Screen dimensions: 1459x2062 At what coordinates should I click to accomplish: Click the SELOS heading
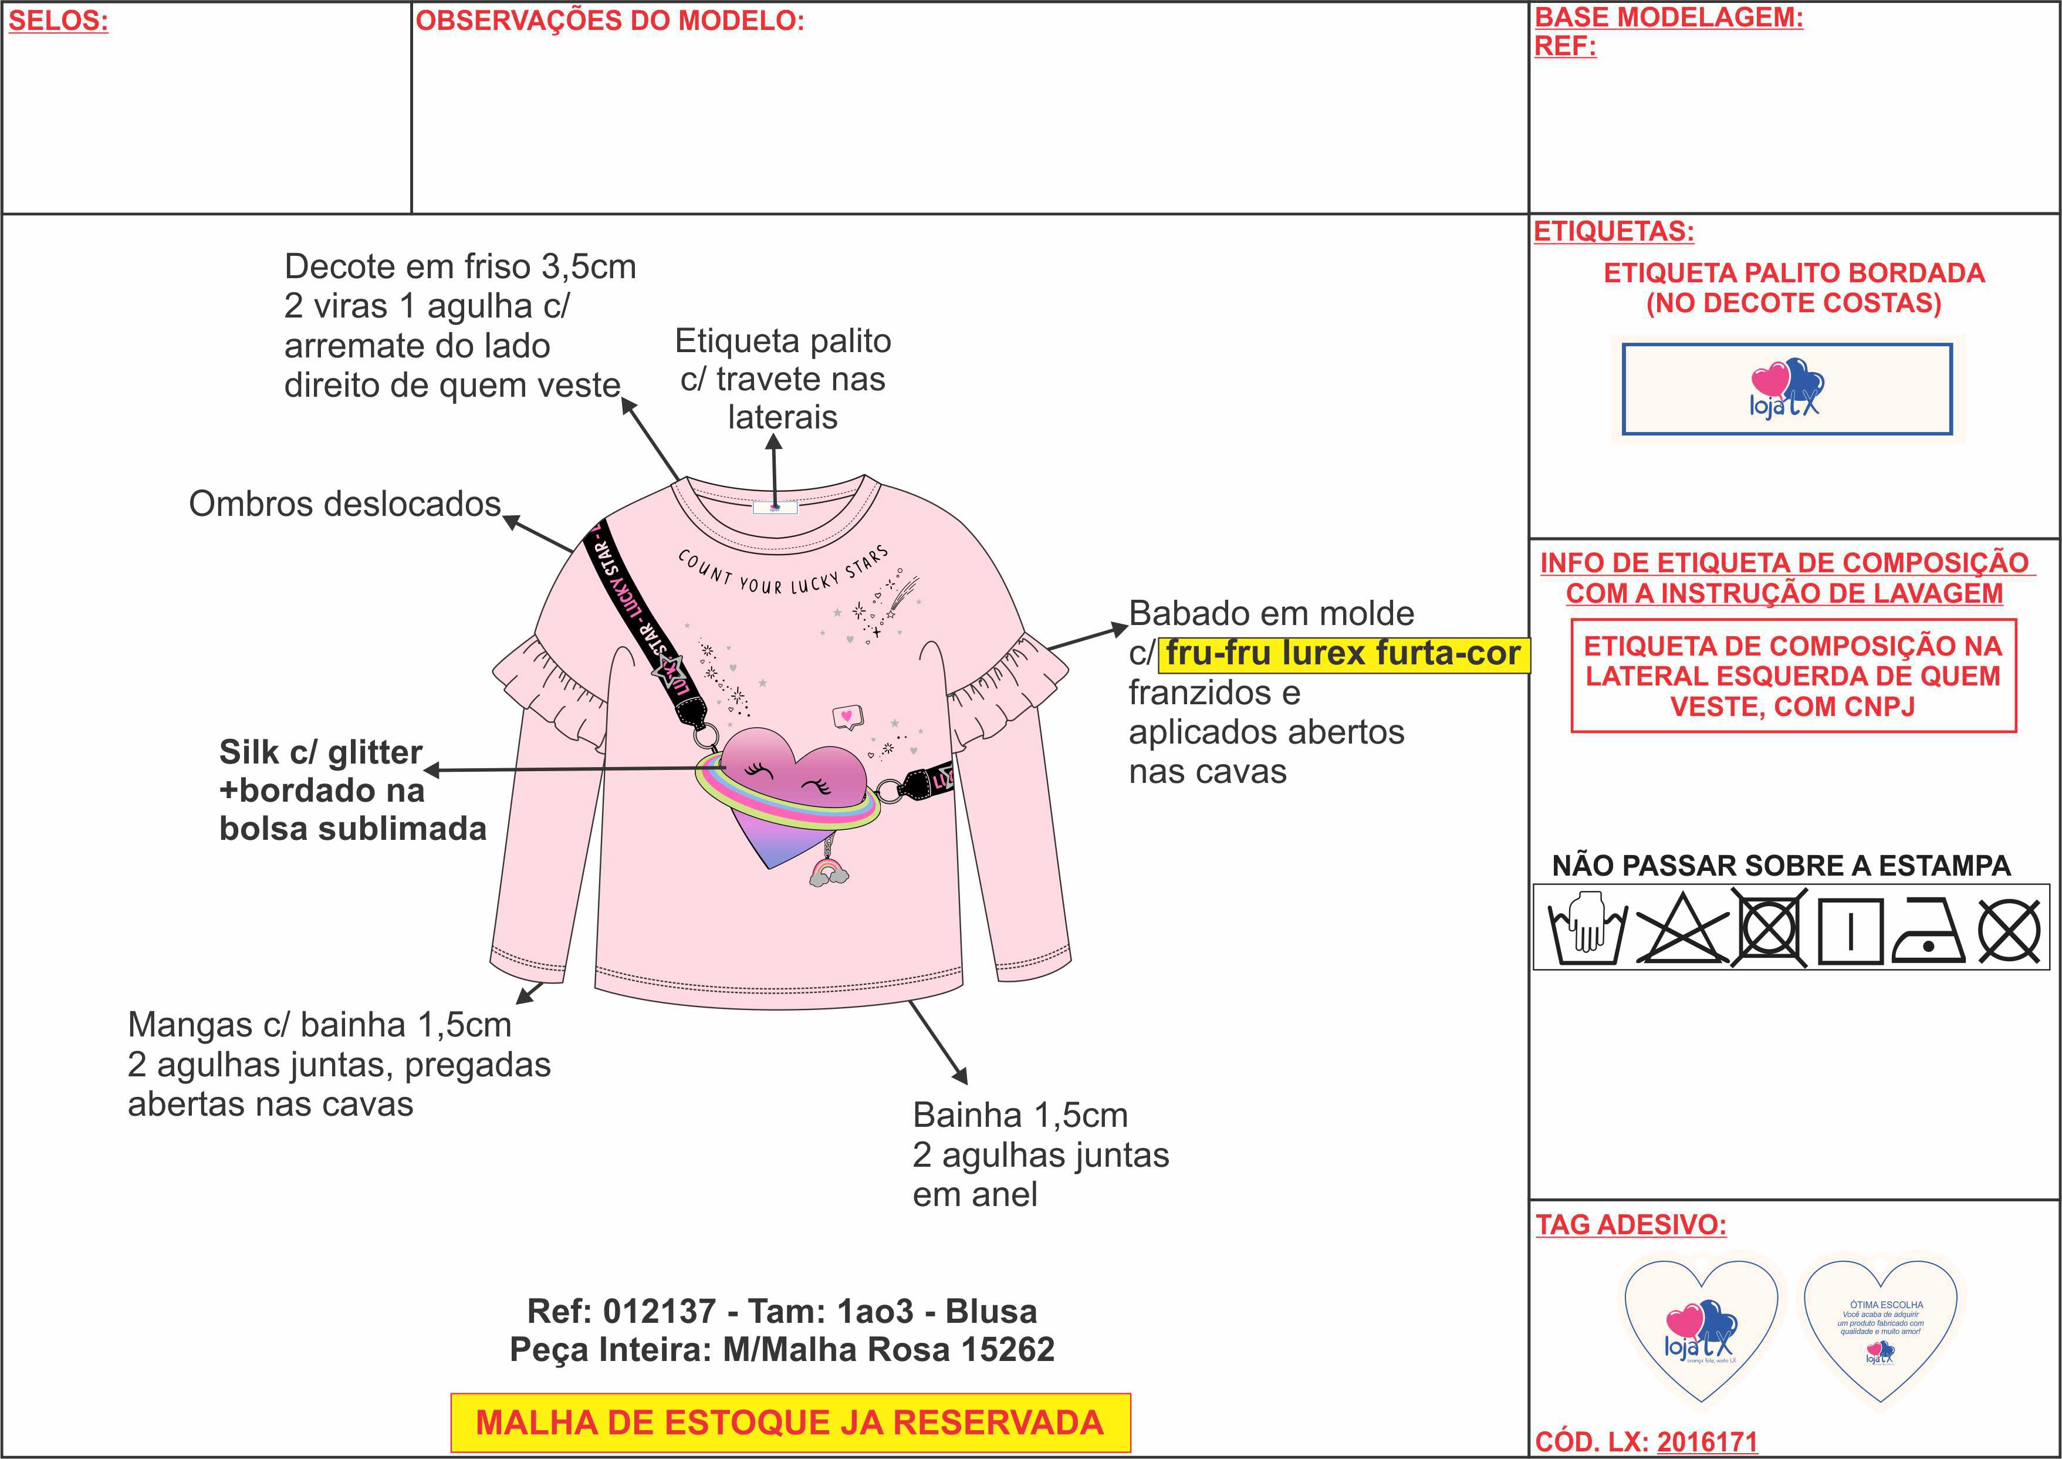[58, 22]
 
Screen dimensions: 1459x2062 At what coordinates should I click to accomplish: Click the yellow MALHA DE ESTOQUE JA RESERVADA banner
[789, 1422]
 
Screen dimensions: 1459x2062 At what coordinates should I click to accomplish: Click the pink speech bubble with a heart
[846, 716]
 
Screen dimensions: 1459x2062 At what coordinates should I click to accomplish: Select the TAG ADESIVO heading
[1630, 1224]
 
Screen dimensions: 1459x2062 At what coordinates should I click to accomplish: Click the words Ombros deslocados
[344, 504]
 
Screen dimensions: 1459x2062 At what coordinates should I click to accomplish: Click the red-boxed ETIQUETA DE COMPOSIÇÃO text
[1793, 676]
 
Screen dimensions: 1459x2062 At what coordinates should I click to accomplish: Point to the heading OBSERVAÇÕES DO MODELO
[609, 22]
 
